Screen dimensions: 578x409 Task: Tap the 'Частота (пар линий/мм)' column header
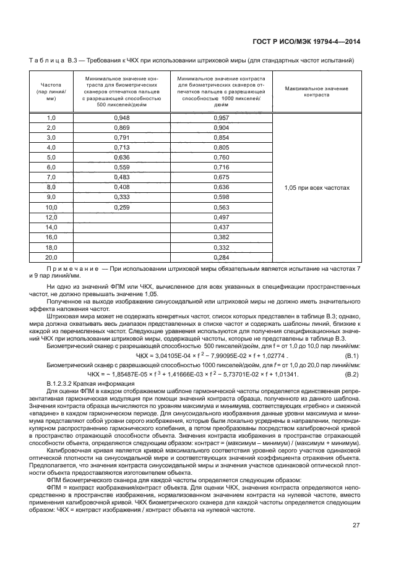pos(51,91)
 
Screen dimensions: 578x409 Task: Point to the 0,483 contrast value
pos(122,177)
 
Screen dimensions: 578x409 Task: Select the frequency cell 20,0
pos(51,257)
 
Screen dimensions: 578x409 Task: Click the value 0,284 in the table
pos(221,257)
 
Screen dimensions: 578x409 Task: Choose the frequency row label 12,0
pos(51,218)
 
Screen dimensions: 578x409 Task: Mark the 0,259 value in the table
pos(122,208)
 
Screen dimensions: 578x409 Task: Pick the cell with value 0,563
pos(221,208)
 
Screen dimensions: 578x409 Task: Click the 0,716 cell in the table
pos(221,168)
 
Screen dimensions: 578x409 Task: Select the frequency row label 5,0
pos(51,158)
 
